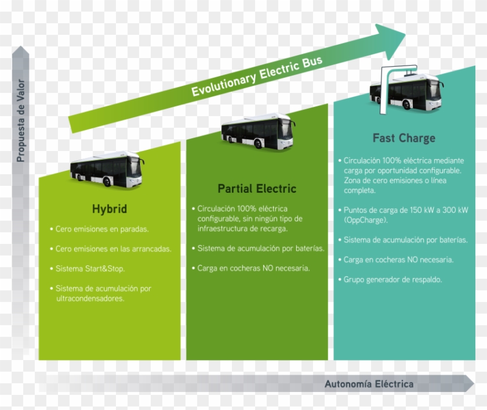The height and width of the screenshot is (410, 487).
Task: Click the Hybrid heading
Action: (x=109, y=209)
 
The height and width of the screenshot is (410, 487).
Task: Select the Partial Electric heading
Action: (x=257, y=189)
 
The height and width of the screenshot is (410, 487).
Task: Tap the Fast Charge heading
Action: (x=404, y=138)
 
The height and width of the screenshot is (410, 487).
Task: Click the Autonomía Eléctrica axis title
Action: (x=369, y=384)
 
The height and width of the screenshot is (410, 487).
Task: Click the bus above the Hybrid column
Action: (x=107, y=168)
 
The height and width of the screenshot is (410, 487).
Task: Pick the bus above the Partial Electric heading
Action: (x=257, y=131)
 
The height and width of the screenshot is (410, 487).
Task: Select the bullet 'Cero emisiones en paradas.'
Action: (x=102, y=229)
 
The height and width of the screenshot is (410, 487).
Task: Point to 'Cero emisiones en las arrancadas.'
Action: (x=113, y=249)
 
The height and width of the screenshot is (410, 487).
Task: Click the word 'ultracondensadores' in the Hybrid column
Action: (x=90, y=298)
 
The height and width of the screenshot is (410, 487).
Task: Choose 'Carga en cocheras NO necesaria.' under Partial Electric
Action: (x=253, y=268)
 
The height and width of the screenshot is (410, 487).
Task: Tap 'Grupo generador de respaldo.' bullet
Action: (x=392, y=279)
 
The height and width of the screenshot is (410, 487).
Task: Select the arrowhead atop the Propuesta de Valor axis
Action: (x=20, y=53)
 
